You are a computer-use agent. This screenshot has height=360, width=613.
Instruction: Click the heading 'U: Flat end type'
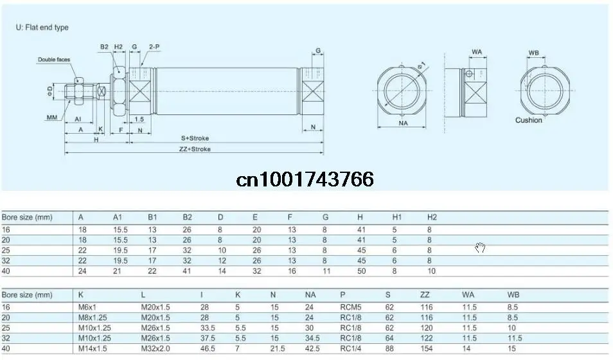click(42, 28)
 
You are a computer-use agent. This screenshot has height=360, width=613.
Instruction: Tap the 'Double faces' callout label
click(54, 60)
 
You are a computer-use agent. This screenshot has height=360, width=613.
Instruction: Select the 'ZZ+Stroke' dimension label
click(195, 149)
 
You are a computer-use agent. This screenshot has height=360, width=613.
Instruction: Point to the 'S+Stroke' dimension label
click(195, 138)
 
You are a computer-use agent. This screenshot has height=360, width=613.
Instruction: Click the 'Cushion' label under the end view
click(529, 120)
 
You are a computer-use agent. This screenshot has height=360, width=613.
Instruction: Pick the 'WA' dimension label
click(477, 51)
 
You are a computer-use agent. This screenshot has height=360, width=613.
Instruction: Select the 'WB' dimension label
click(533, 53)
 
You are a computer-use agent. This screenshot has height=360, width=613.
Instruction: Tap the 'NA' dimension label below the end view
click(403, 123)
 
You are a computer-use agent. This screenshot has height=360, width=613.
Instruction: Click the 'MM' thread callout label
click(52, 118)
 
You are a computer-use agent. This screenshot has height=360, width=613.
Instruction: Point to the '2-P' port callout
click(154, 46)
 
